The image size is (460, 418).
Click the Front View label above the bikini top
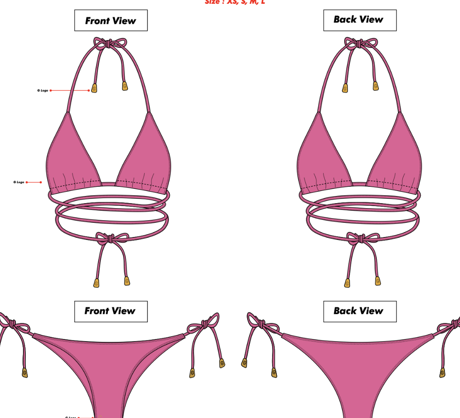[111, 20]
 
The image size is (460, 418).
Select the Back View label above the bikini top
[360, 20]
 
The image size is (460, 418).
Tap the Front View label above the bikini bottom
[111, 311]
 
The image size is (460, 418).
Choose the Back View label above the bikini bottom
[360, 311]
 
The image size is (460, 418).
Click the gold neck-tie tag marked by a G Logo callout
[94, 88]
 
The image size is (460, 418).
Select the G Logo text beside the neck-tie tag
[43, 90]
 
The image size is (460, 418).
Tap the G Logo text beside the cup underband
[19, 182]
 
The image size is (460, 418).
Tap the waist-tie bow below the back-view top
[358, 238]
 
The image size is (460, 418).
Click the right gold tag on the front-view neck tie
[125, 86]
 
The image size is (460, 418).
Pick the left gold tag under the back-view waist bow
[347, 283]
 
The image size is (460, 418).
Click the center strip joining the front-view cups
[109, 184]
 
